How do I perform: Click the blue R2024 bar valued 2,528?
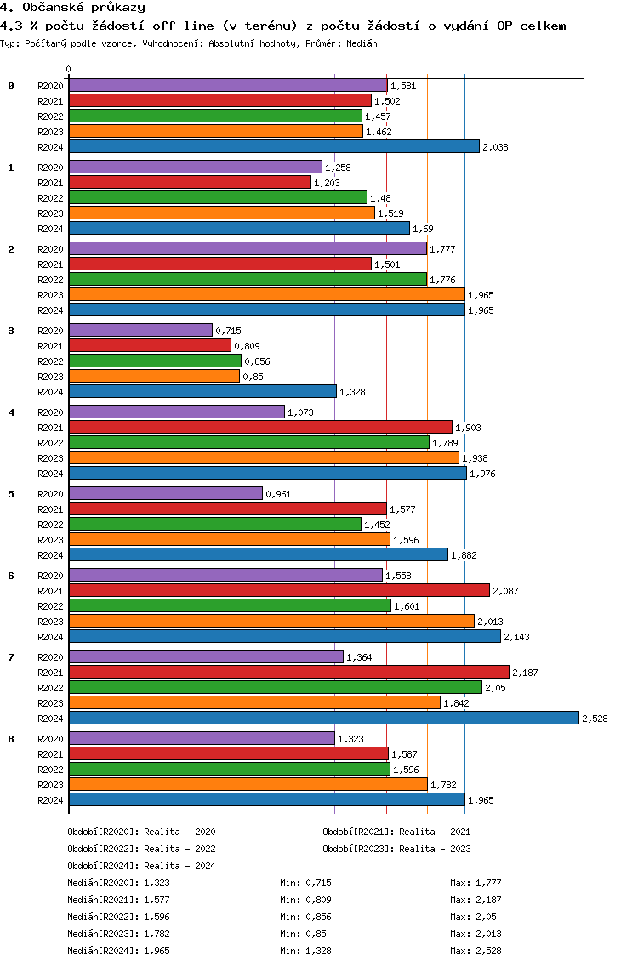[x=323, y=718]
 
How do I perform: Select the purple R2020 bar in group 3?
[x=140, y=330]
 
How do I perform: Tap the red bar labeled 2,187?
[x=288, y=672]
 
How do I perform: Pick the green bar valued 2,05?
[x=275, y=687]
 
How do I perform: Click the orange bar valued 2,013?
[x=271, y=621]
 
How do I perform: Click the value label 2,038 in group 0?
[x=495, y=147]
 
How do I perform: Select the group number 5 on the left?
[x=11, y=494]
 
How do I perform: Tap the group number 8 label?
[x=11, y=739]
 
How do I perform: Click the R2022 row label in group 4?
[x=50, y=443]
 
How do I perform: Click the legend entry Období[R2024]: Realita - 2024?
[x=141, y=866]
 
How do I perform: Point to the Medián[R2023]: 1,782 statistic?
[x=117, y=934]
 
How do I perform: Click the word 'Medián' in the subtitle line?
[x=362, y=43]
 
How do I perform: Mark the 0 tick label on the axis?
[x=69, y=70]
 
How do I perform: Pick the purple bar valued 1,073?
[x=176, y=412]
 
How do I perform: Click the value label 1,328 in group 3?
[x=352, y=392]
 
